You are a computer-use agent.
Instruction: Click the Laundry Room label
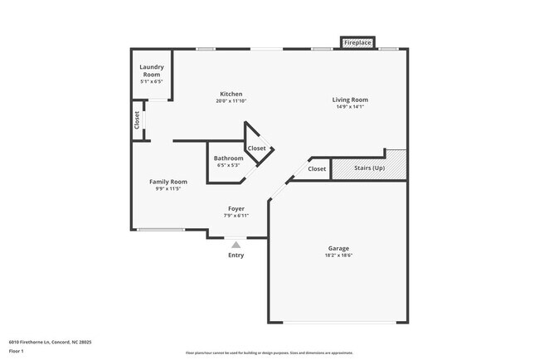(151, 71)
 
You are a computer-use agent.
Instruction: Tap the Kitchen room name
(231, 94)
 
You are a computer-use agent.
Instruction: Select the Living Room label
(352, 100)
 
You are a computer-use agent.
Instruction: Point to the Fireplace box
(358, 42)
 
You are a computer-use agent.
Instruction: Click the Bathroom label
(228, 158)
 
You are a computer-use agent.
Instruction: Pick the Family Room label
(168, 182)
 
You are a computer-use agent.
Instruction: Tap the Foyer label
(236, 208)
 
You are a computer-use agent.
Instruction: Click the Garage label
(338, 248)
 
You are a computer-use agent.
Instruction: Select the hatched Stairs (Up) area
(369, 168)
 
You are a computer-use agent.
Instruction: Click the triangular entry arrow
(236, 245)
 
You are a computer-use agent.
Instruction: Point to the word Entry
(236, 255)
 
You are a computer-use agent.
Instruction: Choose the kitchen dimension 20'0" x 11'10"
(231, 101)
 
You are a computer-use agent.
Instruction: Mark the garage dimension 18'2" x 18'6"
(338, 255)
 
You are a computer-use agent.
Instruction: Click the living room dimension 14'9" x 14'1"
(352, 107)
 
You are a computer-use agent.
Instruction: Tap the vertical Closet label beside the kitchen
(137, 120)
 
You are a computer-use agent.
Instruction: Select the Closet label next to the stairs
(317, 169)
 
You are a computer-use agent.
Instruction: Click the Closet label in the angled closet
(257, 148)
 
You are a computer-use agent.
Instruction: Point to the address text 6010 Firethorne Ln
(50, 342)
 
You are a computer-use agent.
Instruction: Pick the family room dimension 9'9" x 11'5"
(168, 189)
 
